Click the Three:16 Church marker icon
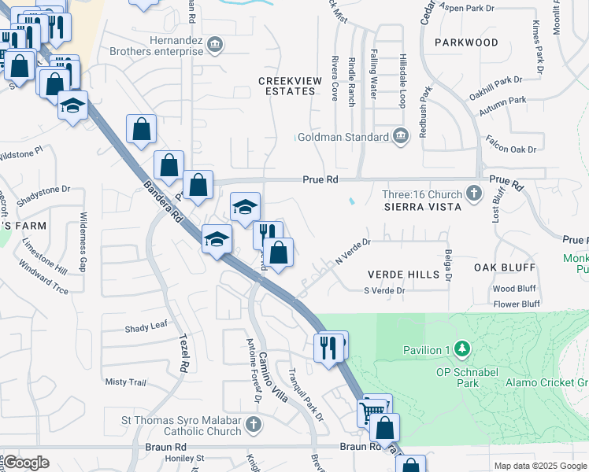click(x=473, y=192)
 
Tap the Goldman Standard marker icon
click(x=402, y=137)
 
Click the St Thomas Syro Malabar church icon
click(x=252, y=426)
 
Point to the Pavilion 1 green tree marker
click(x=464, y=348)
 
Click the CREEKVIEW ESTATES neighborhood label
click(x=287, y=86)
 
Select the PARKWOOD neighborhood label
click(x=465, y=42)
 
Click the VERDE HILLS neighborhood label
click(x=403, y=275)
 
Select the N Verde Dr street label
click(x=352, y=252)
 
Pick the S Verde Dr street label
click(x=383, y=291)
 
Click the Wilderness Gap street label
click(x=82, y=237)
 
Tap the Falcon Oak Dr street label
click(x=511, y=149)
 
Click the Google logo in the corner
click(x=26, y=463)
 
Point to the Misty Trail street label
click(x=126, y=382)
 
